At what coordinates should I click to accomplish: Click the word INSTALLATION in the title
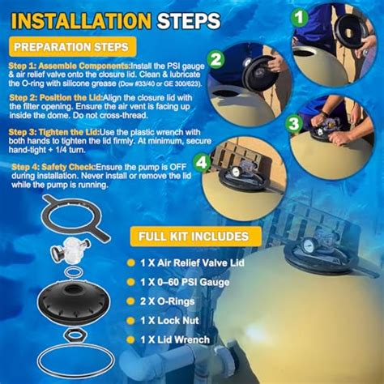81,21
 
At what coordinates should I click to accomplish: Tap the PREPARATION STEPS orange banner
72,47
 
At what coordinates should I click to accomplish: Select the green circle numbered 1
299,18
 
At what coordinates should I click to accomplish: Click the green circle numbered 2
215,59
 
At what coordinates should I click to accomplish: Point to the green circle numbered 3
293,124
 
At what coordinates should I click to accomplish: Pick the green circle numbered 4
202,163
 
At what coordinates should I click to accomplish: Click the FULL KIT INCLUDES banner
196,237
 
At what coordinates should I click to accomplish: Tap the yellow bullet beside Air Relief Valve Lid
130,262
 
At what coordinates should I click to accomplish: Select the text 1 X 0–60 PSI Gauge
185,282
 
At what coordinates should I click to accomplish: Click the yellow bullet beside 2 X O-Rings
130,301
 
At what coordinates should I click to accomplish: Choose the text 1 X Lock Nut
169,321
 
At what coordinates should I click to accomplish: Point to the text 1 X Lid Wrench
175,339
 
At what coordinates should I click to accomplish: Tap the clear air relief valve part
70,251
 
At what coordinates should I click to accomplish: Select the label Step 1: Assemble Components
70,66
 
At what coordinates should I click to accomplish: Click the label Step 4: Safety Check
54,167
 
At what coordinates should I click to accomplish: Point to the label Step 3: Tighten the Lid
54,132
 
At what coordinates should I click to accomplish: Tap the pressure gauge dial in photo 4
235,172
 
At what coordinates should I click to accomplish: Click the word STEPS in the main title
189,21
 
